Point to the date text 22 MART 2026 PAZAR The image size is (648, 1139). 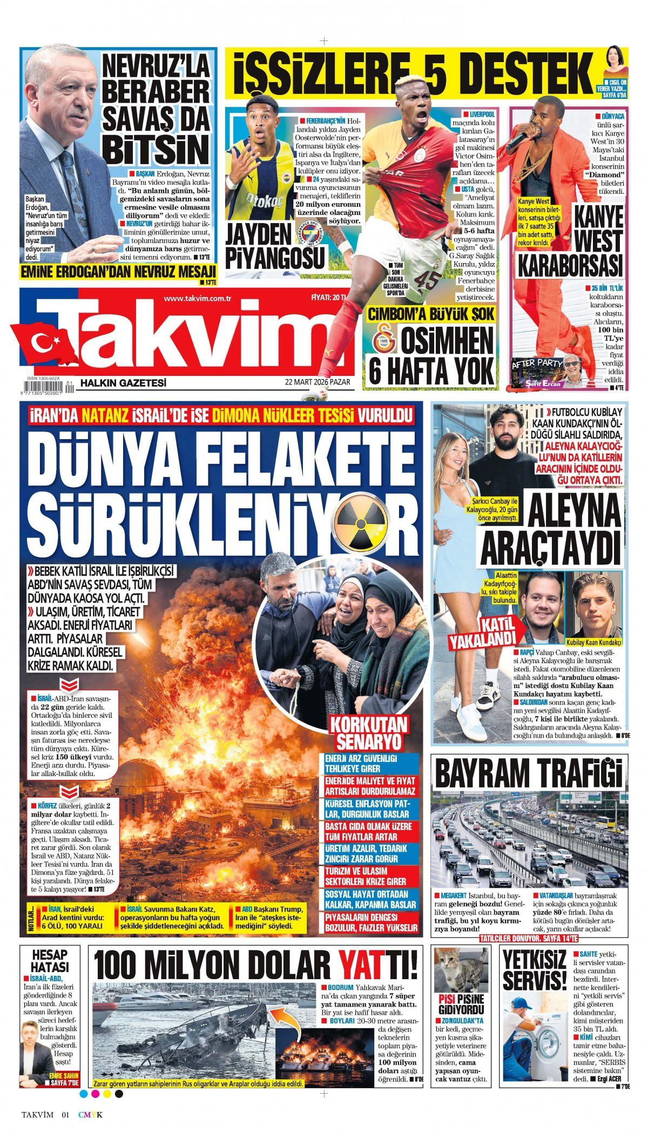318,383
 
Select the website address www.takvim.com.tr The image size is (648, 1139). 197,299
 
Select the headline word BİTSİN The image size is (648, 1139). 156,146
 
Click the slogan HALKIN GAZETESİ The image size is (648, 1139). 123,383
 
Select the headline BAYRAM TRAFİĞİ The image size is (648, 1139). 528,774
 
